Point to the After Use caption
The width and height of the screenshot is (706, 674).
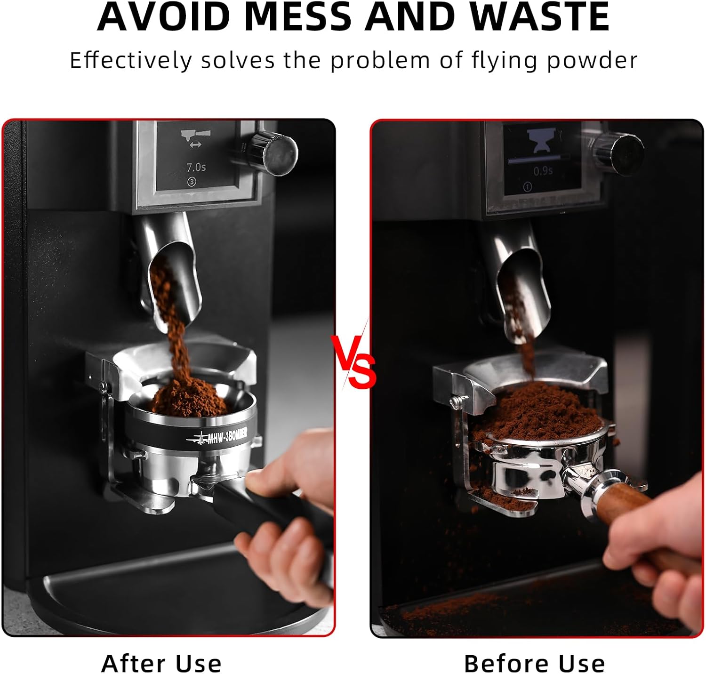coord(161,664)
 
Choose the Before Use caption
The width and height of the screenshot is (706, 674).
coord(534,664)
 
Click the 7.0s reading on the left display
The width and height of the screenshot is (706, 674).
coord(196,167)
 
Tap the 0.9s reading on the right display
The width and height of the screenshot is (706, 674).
coord(543,171)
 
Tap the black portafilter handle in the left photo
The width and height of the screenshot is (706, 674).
coord(273,522)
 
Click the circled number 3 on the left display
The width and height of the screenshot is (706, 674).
coord(192,182)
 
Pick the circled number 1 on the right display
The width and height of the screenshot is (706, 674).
coord(527,187)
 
